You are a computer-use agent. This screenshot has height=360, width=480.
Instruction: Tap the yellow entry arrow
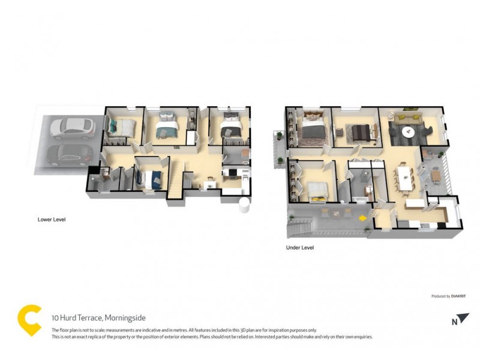pyautogui.click(x=362, y=218)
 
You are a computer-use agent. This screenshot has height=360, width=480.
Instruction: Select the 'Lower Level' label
pyautogui.click(x=51, y=220)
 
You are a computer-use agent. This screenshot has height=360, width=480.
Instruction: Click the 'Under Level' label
pyautogui.click(x=300, y=247)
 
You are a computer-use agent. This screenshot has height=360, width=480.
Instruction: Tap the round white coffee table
pyautogui.click(x=409, y=131)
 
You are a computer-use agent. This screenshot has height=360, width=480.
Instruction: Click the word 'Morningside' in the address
pyautogui.click(x=125, y=317)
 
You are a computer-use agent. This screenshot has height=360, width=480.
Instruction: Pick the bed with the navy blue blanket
pyautogui.click(x=150, y=178)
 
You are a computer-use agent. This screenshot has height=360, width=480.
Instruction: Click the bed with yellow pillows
pyautogui.click(x=317, y=192)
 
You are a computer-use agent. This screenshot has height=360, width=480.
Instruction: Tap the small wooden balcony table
pyautogui.click(x=437, y=175)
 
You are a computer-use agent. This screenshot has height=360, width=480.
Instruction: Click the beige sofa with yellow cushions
pyautogui.click(x=410, y=114)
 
